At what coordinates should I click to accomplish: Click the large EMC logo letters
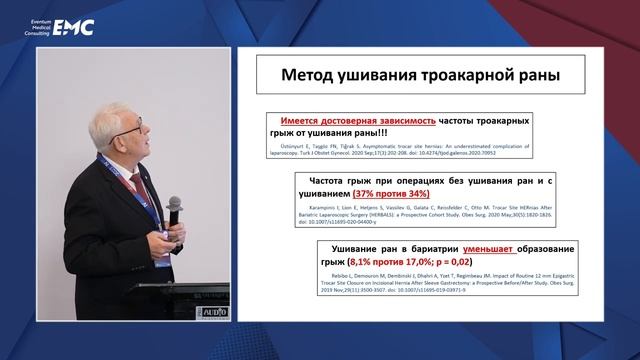pos(73,27)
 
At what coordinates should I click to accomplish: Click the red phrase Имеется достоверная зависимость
pos(358,119)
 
